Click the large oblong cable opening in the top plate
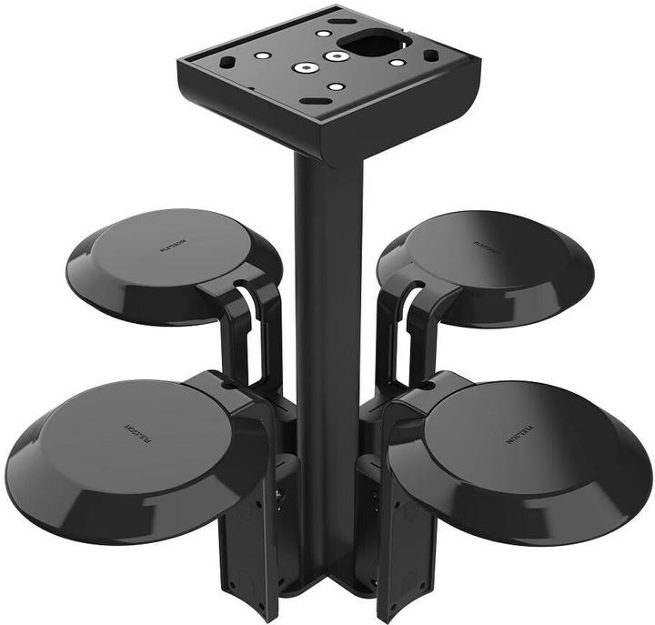pos(368,41)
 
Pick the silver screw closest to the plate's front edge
pos(336,87)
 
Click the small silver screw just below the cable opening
pos(397,63)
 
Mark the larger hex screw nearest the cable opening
pos(338,56)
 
